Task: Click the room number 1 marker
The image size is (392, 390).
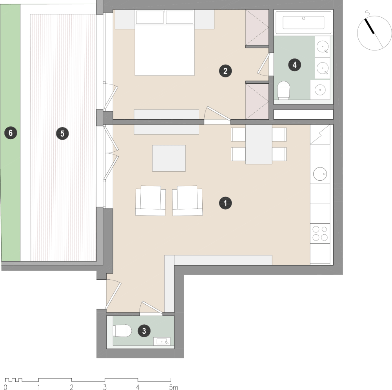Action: (x=225, y=203)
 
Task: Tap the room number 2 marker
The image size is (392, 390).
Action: (x=225, y=71)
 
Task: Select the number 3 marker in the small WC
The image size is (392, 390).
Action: (x=144, y=331)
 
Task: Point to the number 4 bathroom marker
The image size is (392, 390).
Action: (x=294, y=65)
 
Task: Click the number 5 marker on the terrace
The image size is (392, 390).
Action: (x=62, y=133)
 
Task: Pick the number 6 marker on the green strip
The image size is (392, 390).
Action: (x=11, y=133)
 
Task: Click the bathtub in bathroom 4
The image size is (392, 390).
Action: (x=303, y=23)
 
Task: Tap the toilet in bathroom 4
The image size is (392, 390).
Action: (x=283, y=90)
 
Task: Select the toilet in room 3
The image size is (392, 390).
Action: (x=122, y=331)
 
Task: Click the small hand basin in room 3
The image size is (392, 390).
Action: (x=163, y=341)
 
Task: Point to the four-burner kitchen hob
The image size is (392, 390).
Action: (x=320, y=233)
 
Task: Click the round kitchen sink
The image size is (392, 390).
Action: (x=320, y=174)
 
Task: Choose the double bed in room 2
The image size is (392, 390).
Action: (x=165, y=43)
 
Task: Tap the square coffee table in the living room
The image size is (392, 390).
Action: (x=169, y=158)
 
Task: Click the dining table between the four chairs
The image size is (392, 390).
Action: (x=259, y=144)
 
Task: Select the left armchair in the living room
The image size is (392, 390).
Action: (x=151, y=201)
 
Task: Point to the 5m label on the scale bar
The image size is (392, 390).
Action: (x=173, y=387)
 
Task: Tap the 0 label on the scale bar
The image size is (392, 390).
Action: (x=5, y=387)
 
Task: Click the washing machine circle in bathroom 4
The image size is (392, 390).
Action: (x=320, y=90)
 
